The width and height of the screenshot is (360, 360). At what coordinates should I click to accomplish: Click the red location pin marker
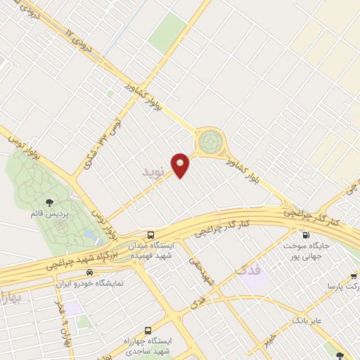(x=181, y=165)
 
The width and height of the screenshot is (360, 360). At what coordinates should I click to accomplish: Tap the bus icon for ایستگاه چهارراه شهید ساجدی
(x=147, y=329)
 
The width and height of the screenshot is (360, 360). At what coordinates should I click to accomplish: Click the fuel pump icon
(x=305, y=236)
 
